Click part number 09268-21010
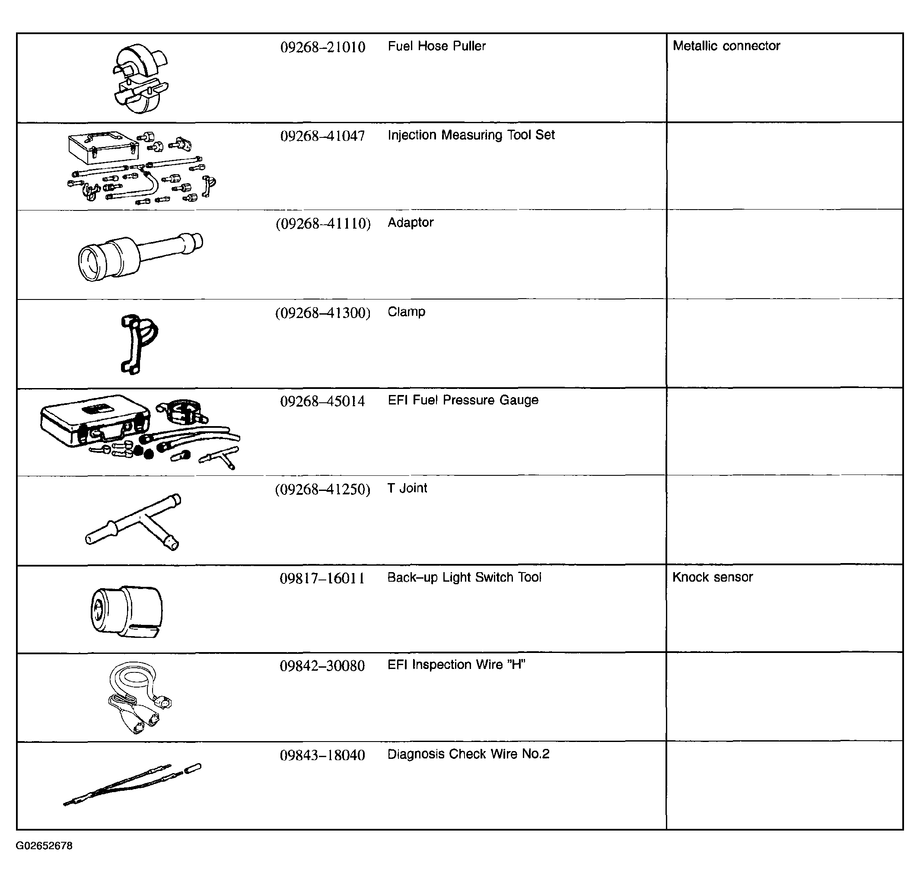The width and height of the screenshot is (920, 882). point(322,47)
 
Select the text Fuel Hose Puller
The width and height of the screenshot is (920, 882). point(436,46)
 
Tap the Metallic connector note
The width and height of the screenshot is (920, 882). point(726,45)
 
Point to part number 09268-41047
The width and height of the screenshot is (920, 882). point(322,136)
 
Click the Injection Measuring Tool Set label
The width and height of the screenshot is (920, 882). point(471,135)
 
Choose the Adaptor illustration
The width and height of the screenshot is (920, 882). point(140,256)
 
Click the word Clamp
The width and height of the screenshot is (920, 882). point(407,312)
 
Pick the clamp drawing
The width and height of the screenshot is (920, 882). point(138,344)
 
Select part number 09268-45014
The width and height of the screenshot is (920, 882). point(322,401)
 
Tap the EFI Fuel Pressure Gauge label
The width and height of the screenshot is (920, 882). point(463,400)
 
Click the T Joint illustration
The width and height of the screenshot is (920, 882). point(134,522)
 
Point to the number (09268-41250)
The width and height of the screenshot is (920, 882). point(322,490)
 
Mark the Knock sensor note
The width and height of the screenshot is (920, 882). point(713,577)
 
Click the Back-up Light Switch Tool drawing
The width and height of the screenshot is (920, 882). point(126,611)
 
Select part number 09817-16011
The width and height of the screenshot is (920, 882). point(322,578)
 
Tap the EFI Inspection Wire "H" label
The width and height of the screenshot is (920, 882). point(456,665)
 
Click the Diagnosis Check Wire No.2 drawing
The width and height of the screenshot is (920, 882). point(132,784)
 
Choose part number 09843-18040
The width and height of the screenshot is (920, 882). point(322,755)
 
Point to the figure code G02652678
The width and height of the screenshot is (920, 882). point(44,846)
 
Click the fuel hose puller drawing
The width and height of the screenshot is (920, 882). point(140,78)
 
